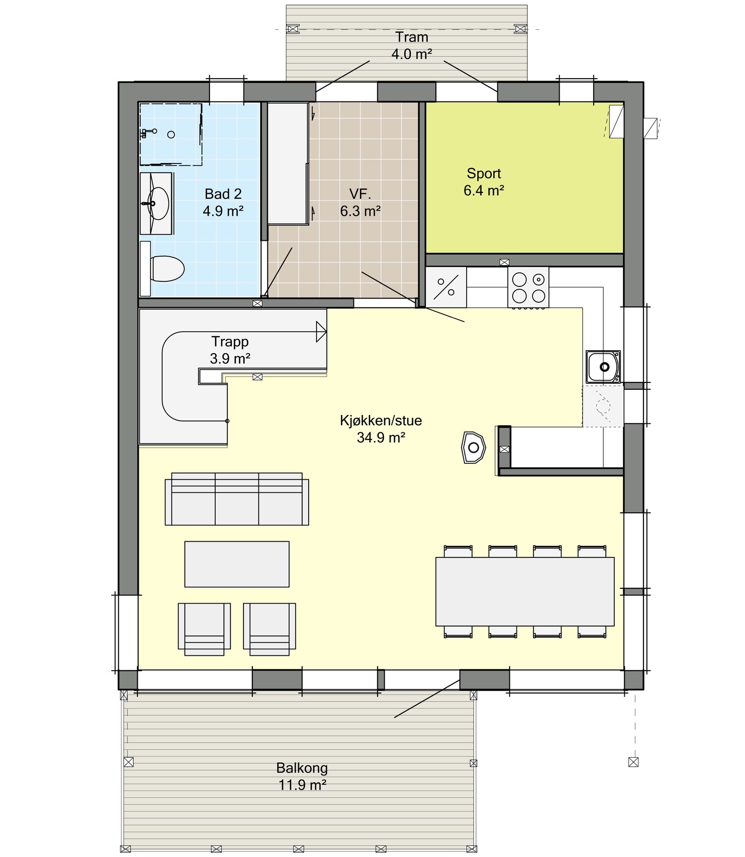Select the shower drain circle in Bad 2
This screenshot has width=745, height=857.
[x=171, y=135]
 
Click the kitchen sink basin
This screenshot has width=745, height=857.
[x=603, y=367]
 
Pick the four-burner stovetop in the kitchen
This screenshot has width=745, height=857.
[x=528, y=287]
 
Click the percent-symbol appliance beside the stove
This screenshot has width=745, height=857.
[x=446, y=287]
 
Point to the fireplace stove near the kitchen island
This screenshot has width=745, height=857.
[x=473, y=448]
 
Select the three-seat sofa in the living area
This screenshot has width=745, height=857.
[x=237, y=499]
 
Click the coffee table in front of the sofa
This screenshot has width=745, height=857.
[x=237, y=564]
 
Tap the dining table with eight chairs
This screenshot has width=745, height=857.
[x=525, y=592]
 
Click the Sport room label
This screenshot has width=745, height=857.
[x=484, y=174]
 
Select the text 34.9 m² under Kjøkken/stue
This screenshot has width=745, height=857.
[x=381, y=438]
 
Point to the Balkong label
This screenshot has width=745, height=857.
[x=302, y=768]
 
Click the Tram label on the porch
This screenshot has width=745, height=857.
[x=412, y=37]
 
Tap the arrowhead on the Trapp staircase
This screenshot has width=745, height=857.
[x=321, y=332]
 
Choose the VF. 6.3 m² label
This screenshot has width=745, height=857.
[x=360, y=203]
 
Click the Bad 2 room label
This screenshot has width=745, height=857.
[x=223, y=194]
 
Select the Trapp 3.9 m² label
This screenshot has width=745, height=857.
[x=230, y=350]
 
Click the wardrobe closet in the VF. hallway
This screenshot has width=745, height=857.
[x=287, y=163]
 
